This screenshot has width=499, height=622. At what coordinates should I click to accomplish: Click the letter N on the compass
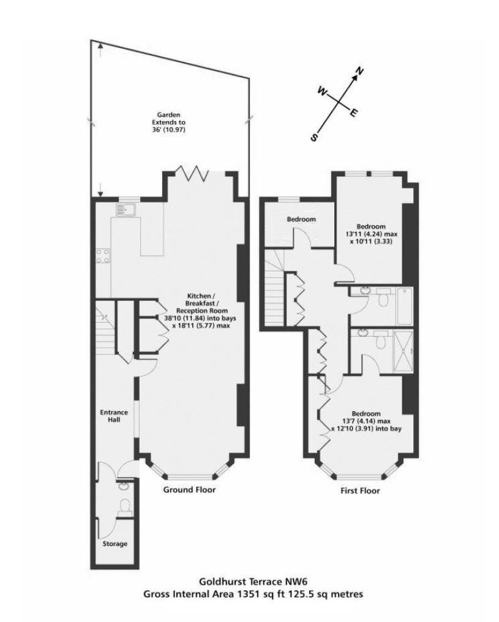(360, 71)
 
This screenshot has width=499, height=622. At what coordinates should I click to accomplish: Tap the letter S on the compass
(314, 137)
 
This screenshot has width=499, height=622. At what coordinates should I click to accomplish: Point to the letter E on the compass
(353, 113)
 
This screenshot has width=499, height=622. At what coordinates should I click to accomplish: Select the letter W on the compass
(322, 92)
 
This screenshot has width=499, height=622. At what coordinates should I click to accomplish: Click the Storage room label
(115, 544)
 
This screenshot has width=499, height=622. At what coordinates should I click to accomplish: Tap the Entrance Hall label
(114, 416)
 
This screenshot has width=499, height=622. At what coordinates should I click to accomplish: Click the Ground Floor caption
(190, 490)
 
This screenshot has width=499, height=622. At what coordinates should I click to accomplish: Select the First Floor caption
(360, 491)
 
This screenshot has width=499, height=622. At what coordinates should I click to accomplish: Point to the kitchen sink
(126, 209)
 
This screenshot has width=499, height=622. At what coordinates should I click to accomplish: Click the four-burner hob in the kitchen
(103, 256)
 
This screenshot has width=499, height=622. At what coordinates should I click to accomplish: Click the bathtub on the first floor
(405, 306)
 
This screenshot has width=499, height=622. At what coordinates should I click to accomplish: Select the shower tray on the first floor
(403, 351)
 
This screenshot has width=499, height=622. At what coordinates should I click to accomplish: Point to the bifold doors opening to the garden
(193, 173)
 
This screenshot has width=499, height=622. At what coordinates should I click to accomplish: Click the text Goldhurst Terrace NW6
(253, 582)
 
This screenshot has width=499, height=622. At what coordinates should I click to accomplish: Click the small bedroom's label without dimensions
(301, 219)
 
